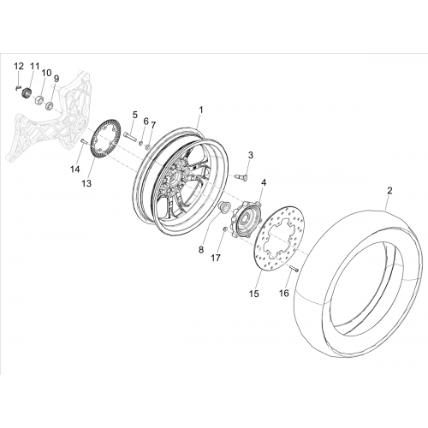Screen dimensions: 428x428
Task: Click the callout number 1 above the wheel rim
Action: tap(201, 110)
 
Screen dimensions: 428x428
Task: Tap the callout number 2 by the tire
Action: tap(389, 191)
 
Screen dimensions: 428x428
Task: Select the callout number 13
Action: tap(86, 184)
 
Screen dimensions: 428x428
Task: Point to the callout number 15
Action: tap(254, 294)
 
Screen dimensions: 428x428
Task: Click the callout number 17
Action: tap(216, 258)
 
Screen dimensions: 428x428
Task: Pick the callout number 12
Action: tap(19, 67)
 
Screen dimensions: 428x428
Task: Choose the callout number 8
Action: tap(201, 250)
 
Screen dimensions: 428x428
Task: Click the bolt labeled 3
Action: tap(242, 177)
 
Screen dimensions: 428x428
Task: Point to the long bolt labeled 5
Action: tap(130, 136)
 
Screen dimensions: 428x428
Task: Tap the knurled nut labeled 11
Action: tap(27, 92)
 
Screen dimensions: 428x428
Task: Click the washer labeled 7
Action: tap(148, 147)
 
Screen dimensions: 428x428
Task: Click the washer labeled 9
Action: tap(50, 106)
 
